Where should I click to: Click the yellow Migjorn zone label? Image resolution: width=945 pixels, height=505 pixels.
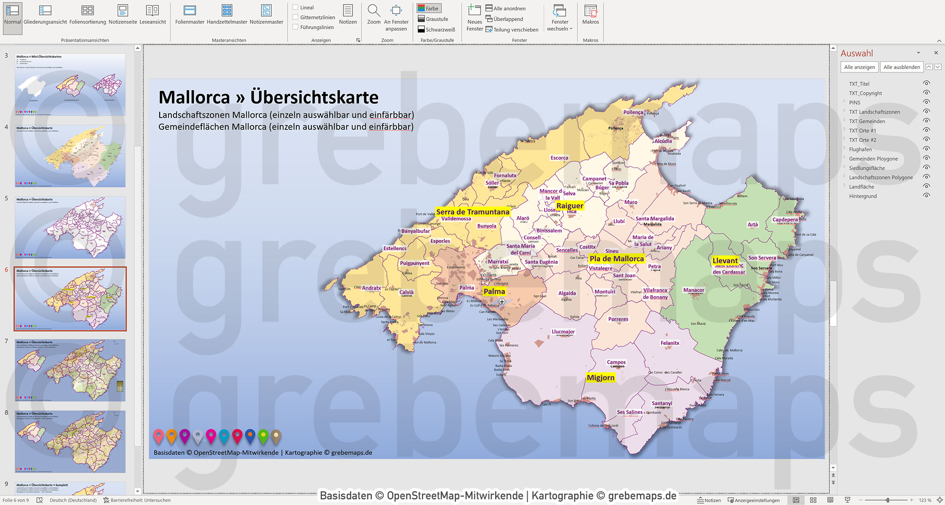click(x=601, y=377)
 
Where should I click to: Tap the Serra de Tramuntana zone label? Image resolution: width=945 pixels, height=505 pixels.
click(x=472, y=212)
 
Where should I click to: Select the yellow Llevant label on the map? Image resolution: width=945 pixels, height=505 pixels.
click(x=725, y=260)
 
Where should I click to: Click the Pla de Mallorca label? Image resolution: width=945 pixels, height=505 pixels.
click(x=617, y=258)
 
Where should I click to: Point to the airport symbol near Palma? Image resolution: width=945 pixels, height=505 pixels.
click(x=502, y=301)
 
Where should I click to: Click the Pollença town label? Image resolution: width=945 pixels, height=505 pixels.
click(x=633, y=112)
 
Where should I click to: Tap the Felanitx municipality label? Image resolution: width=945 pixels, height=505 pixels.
click(x=670, y=343)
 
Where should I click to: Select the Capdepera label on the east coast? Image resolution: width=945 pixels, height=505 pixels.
click(x=785, y=219)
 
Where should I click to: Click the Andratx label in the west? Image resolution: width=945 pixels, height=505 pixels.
click(x=371, y=288)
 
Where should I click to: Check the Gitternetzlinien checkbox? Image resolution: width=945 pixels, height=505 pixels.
click(x=295, y=17)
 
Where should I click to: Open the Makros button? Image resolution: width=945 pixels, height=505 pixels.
click(x=590, y=15)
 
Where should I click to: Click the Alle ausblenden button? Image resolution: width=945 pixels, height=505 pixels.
click(x=901, y=67)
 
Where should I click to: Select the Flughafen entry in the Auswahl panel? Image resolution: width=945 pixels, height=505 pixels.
click(x=860, y=149)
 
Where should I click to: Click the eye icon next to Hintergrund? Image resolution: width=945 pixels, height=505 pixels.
click(x=926, y=196)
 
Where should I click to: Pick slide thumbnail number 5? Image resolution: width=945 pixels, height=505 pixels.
click(x=70, y=227)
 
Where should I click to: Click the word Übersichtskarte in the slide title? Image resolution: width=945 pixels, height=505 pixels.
click(x=314, y=97)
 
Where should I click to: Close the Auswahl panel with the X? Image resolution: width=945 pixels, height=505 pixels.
click(x=936, y=53)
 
